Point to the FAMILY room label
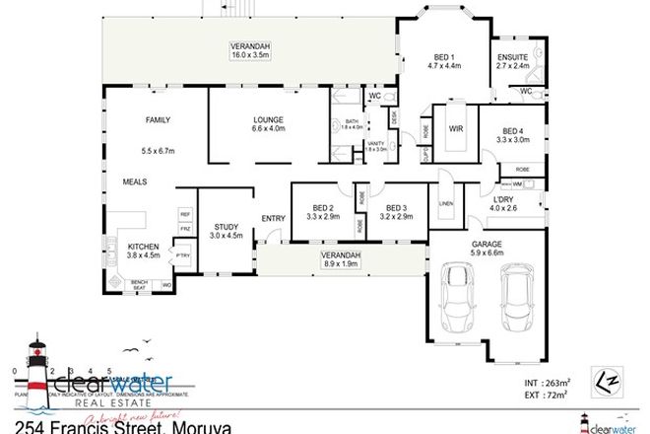point(158,120)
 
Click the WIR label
point(456,128)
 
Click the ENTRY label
point(273,218)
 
